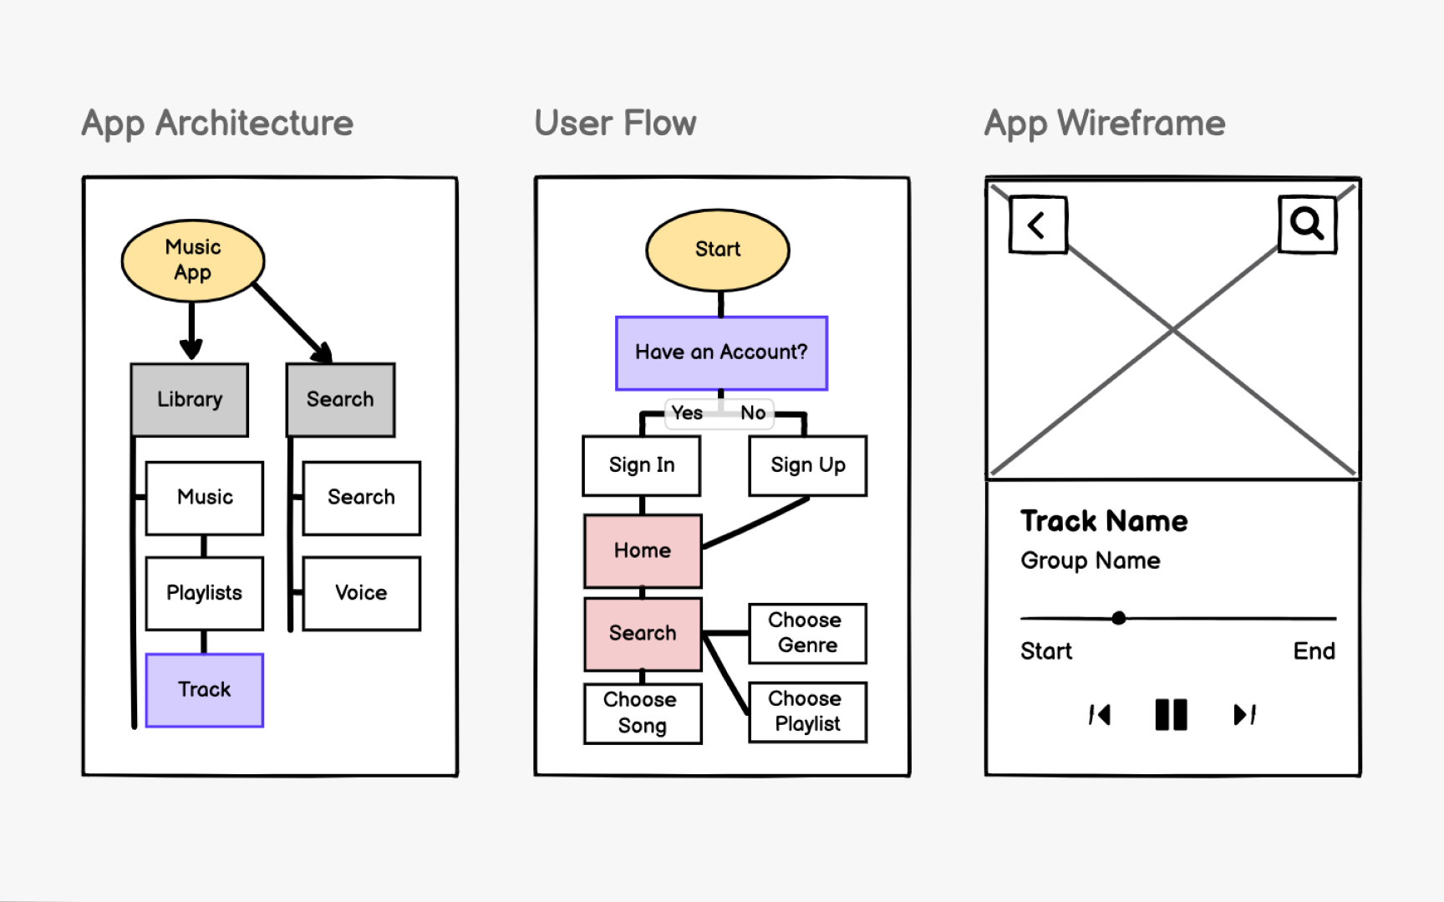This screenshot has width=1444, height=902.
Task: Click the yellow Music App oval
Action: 193,261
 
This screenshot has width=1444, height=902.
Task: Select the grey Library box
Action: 190,399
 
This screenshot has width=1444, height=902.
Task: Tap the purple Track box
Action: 205,690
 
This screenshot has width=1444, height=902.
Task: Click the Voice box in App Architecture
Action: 361,593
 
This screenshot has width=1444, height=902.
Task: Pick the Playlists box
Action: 205,593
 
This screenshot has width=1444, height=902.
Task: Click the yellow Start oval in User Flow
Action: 718,250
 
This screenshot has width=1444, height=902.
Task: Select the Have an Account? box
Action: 721,352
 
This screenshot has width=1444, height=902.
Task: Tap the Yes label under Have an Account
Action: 687,413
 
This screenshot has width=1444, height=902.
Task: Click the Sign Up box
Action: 807,465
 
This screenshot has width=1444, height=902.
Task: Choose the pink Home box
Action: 643,550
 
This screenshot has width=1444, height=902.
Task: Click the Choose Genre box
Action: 806,633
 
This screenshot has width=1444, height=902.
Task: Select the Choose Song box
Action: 642,712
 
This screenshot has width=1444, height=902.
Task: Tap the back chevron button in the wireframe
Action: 1038,225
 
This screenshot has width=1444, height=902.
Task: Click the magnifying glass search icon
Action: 1307,223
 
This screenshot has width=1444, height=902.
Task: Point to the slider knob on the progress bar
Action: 1119,618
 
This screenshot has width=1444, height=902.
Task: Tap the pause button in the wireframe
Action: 1171,715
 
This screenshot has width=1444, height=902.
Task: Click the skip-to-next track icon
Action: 1244,715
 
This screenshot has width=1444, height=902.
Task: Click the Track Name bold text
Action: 1104,521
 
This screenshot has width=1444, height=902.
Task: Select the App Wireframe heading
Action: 1105,124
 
